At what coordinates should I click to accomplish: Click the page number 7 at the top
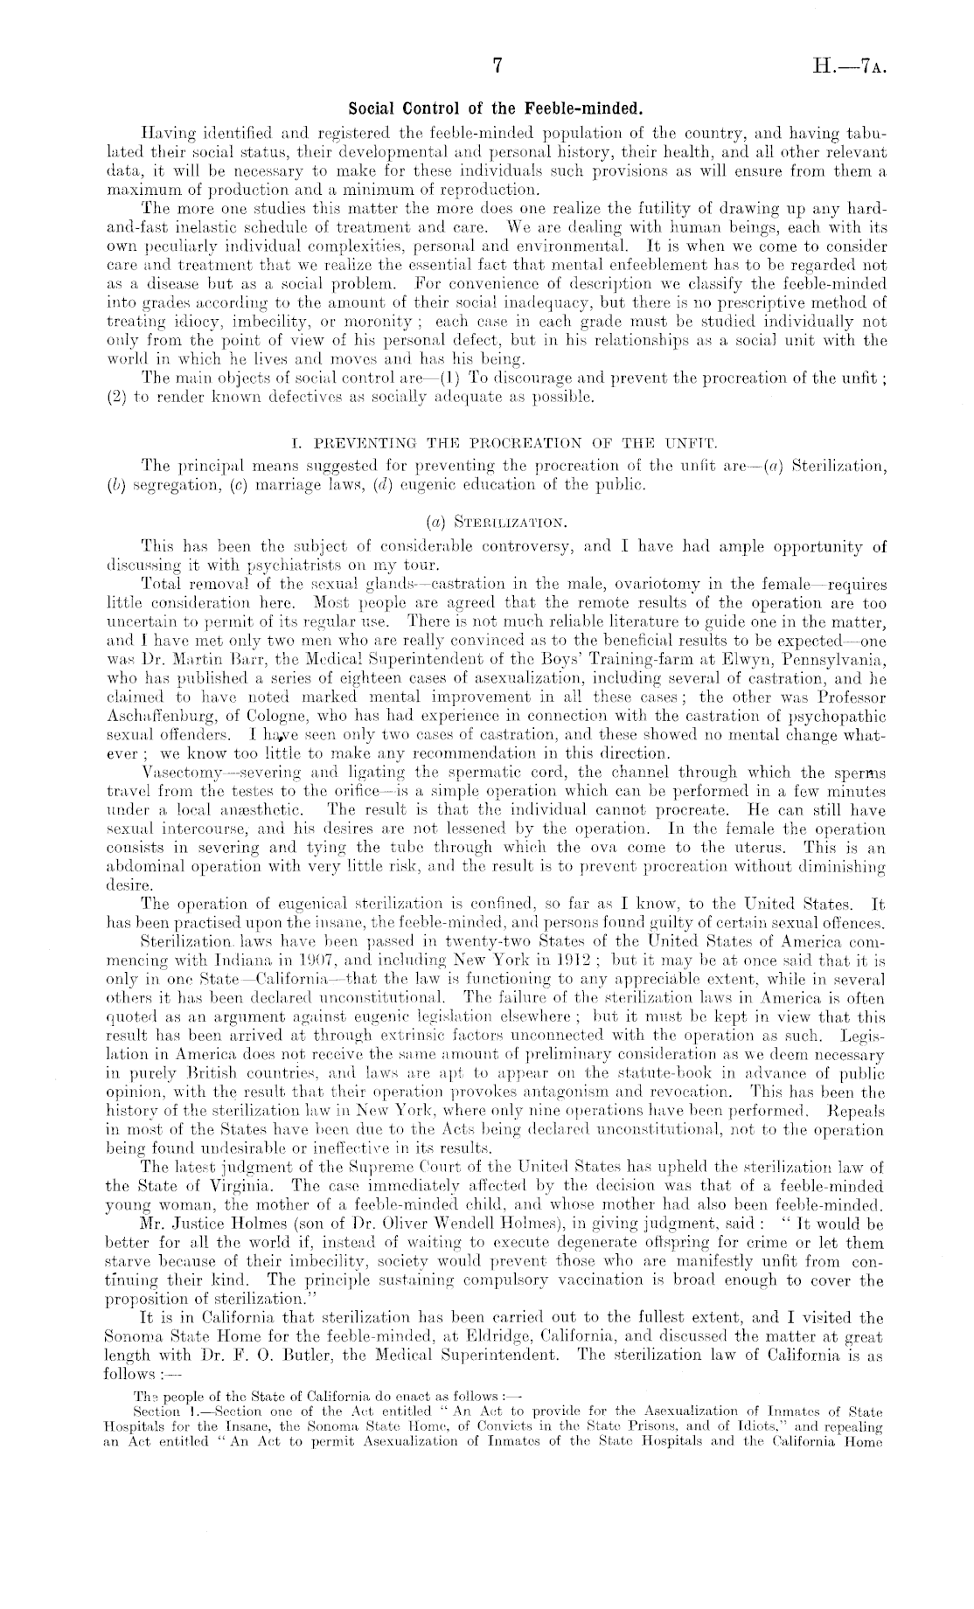click(x=496, y=66)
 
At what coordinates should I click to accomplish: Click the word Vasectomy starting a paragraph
click(x=180, y=773)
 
